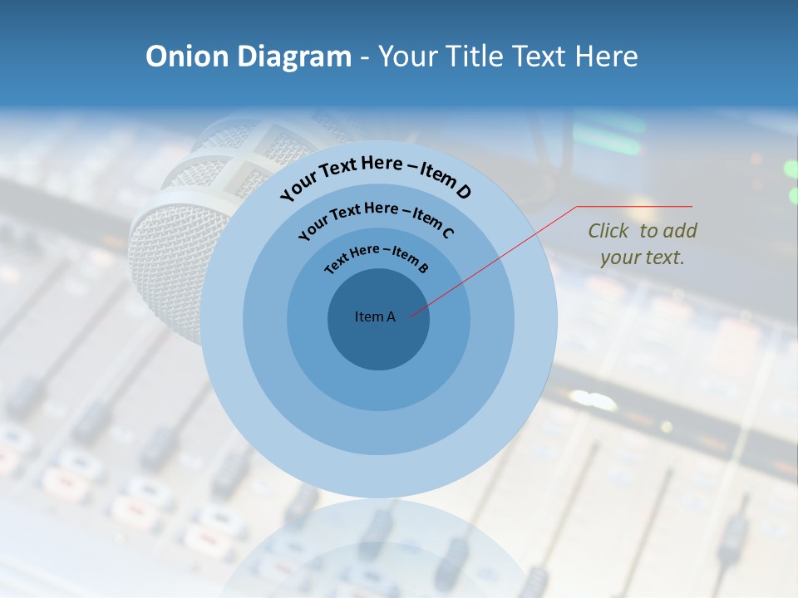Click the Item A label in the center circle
tap(375, 316)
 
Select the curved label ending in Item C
tap(376, 218)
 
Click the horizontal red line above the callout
tap(635, 206)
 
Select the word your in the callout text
tap(619, 257)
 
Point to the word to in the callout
tap(649, 231)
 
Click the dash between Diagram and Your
tap(366, 56)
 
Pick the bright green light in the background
tap(790, 169)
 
